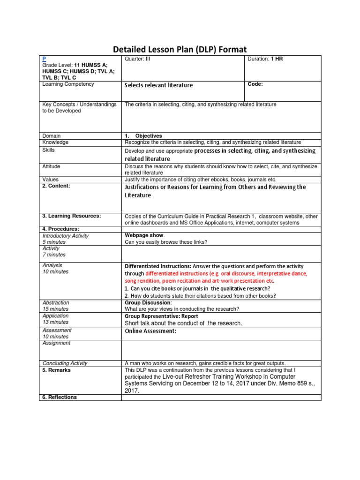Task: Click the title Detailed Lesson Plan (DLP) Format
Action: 180,49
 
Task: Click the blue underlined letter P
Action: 44,59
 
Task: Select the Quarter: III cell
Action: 140,59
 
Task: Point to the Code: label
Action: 255,84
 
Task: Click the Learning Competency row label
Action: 68,84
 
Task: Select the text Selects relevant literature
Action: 158,85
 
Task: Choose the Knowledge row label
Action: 55,142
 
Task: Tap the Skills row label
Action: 48,150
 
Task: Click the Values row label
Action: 51,179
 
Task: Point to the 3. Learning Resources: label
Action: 72,216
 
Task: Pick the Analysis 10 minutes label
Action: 55,268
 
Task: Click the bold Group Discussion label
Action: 146,303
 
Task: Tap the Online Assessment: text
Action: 150,331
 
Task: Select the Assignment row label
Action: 56,343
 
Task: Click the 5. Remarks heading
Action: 57,370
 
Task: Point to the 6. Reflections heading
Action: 60,397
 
